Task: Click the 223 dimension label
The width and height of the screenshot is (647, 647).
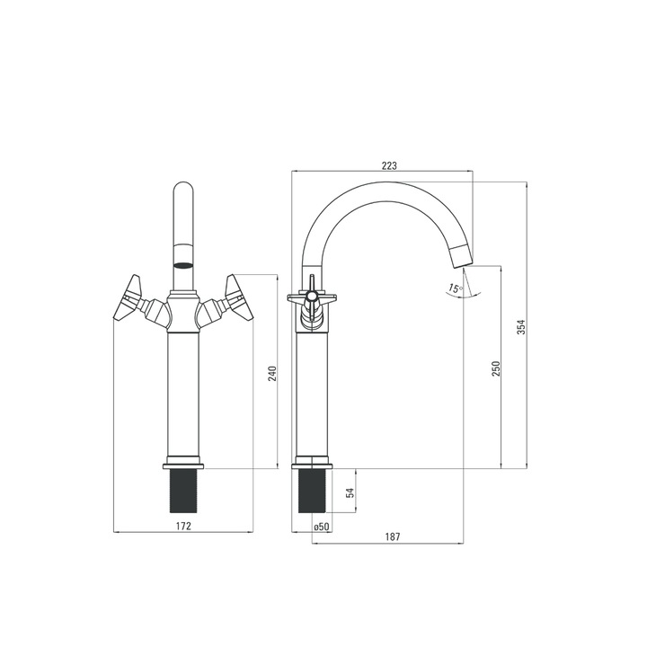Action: (389, 166)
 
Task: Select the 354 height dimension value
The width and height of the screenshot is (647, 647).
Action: (521, 327)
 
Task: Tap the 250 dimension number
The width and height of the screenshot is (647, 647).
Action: (496, 368)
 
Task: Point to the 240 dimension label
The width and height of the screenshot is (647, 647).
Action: (273, 374)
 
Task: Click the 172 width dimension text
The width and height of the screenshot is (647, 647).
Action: (183, 526)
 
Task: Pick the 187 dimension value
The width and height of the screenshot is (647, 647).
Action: (393, 536)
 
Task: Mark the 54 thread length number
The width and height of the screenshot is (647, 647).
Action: (350, 492)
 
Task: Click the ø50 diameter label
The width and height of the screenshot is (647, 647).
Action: (321, 527)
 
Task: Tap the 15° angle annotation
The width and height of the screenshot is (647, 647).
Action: (456, 288)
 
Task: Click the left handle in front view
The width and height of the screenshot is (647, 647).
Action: (128, 297)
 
